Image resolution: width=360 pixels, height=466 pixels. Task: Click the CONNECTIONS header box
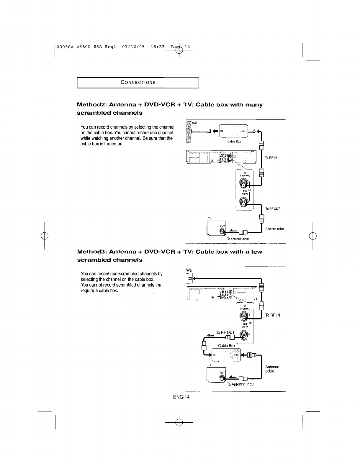(138, 82)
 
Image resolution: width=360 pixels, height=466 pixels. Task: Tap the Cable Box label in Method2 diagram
(234, 142)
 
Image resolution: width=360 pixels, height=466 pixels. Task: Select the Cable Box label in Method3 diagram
(227, 345)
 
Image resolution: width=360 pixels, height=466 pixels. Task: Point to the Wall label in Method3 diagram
(190, 270)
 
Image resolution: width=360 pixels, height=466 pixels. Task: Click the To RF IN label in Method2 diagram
(271, 158)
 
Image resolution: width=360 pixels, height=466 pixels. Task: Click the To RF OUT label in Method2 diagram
(273, 209)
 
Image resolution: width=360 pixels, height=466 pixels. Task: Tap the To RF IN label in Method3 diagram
(273, 315)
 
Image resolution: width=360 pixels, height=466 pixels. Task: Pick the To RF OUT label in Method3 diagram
(225, 332)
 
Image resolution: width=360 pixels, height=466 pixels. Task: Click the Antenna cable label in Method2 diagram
(274, 229)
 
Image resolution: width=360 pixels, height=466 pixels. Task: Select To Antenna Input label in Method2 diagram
(238, 239)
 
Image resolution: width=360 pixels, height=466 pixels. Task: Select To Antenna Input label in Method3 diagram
(240, 384)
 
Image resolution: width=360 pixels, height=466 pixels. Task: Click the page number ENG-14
(181, 397)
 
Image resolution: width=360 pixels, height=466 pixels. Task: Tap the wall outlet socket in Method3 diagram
(190, 278)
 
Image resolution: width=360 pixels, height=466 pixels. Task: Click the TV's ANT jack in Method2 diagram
(222, 232)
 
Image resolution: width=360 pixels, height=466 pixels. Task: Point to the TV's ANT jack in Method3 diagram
(222, 377)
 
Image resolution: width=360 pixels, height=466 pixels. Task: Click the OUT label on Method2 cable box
(244, 131)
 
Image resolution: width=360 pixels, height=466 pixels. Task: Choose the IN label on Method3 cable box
(214, 355)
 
